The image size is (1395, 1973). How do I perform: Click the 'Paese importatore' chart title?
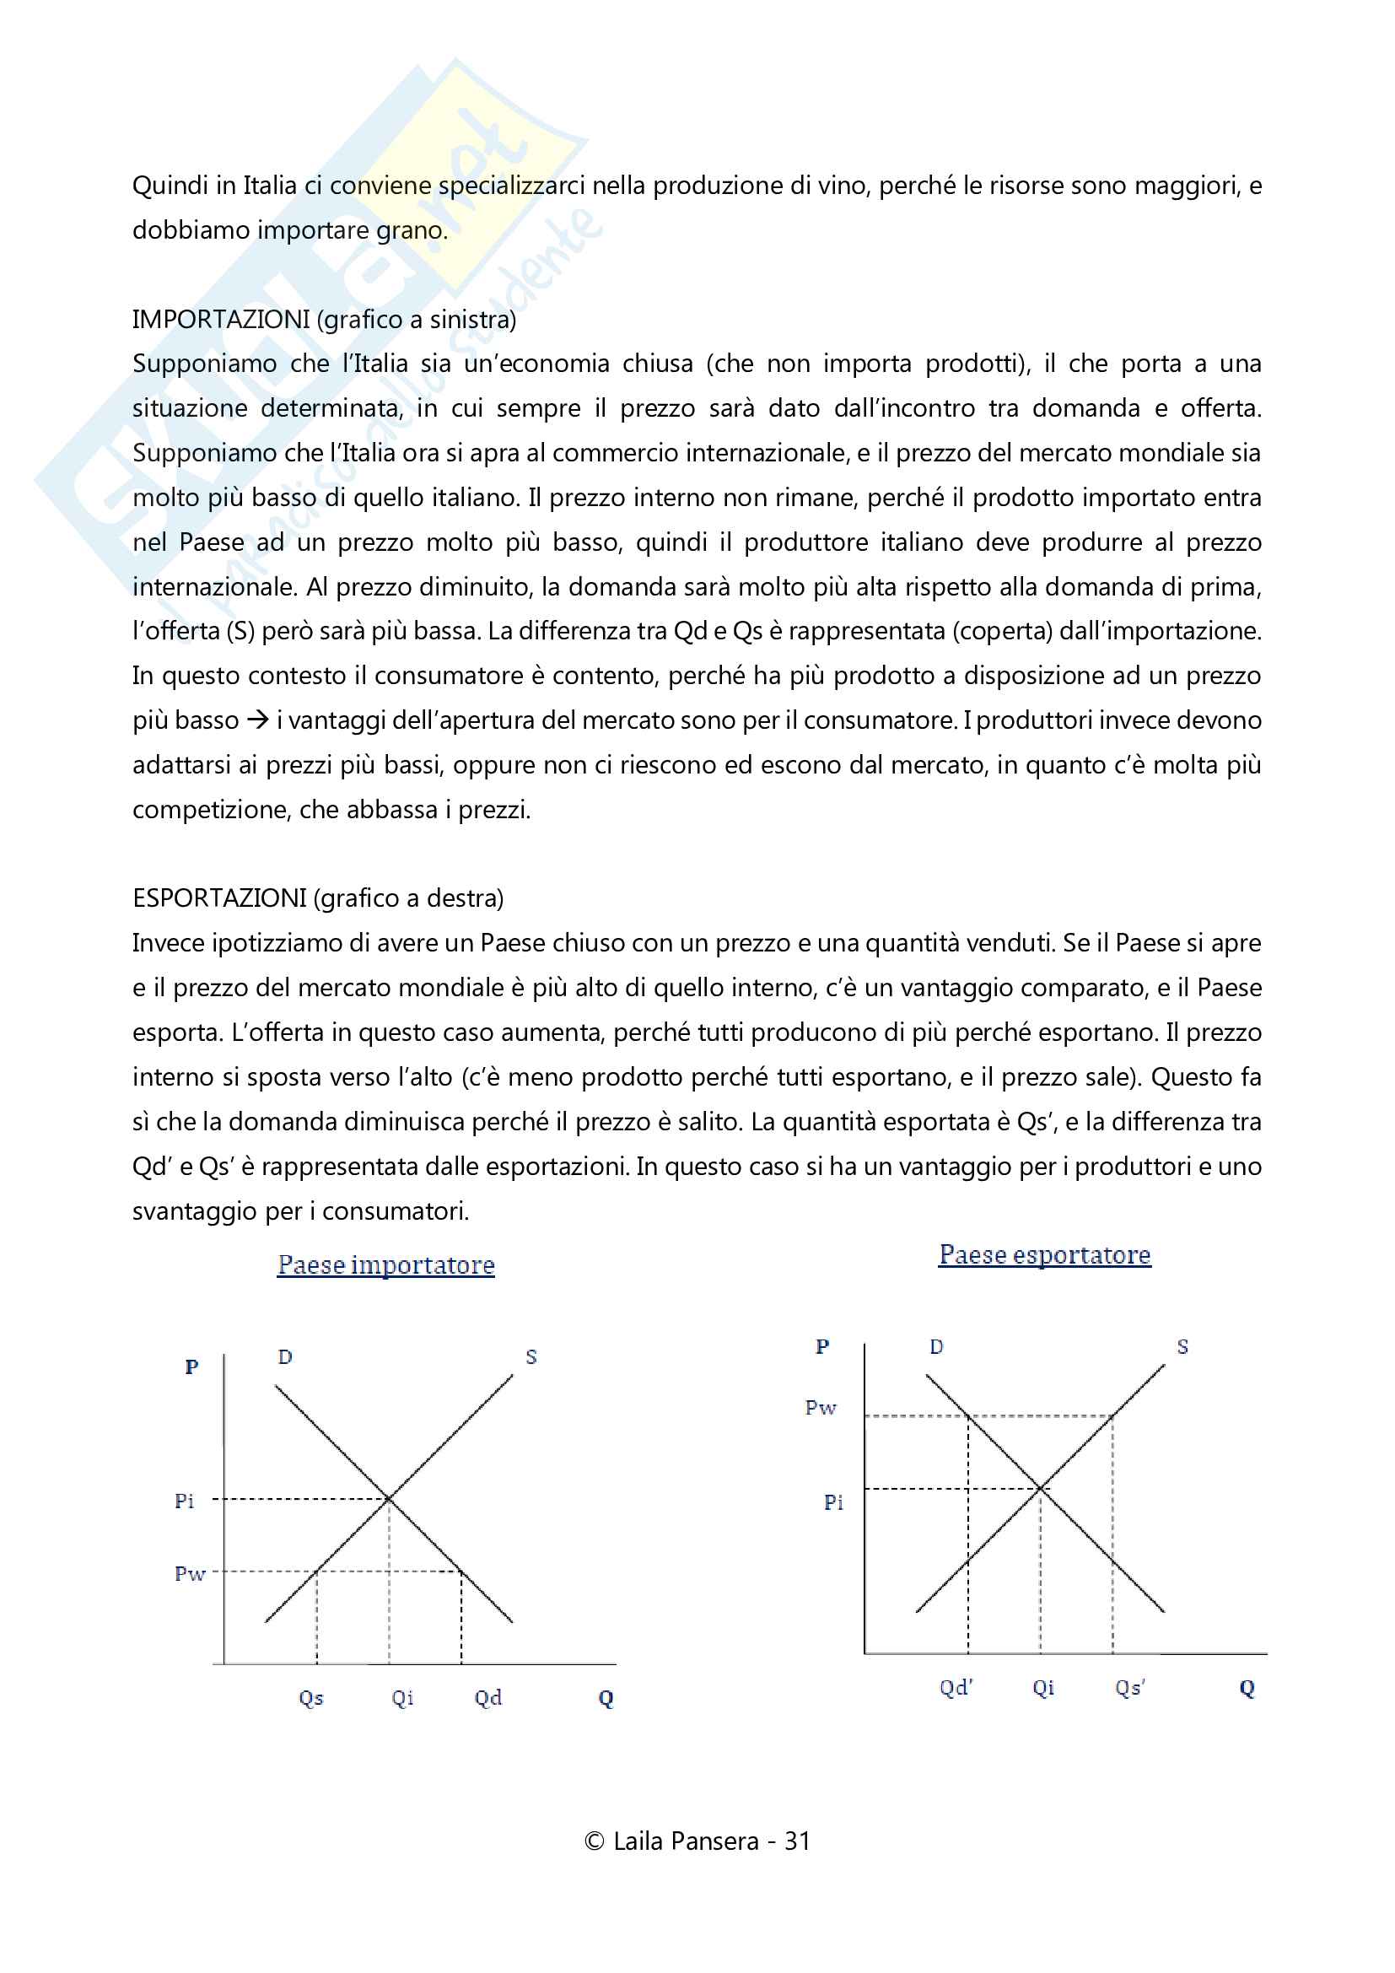coord(385,1265)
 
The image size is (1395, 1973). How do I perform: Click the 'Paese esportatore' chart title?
coord(1043,1254)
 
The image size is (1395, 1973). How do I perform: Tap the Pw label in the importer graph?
coord(190,1573)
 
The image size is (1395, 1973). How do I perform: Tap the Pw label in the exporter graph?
coord(821,1408)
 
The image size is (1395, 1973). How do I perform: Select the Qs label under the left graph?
coord(311,1697)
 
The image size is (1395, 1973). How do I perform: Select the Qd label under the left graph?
coord(487,1697)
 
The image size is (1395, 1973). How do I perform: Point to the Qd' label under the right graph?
coord(956,1687)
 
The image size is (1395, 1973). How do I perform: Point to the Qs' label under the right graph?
coord(1130,1687)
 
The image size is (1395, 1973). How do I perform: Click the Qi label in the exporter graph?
coord(1042,1687)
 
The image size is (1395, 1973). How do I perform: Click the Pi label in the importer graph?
coord(184,1501)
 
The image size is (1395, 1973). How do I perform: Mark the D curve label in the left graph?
coord(285,1357)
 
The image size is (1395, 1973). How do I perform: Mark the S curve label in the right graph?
coord(1182,1346)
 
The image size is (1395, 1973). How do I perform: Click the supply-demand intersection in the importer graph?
coord(389,1499)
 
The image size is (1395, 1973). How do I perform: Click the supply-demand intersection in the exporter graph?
coord(1040,1487)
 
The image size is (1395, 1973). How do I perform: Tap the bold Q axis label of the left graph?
coord(606,1698)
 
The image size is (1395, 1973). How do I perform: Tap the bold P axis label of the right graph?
coord(822,1346)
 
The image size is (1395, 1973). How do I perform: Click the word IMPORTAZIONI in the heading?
coord(221,320)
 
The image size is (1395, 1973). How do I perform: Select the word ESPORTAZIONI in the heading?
coord(219,898)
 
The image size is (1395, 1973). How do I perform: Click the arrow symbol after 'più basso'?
coord(258,720)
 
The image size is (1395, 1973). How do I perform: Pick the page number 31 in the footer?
coord(797,1841)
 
